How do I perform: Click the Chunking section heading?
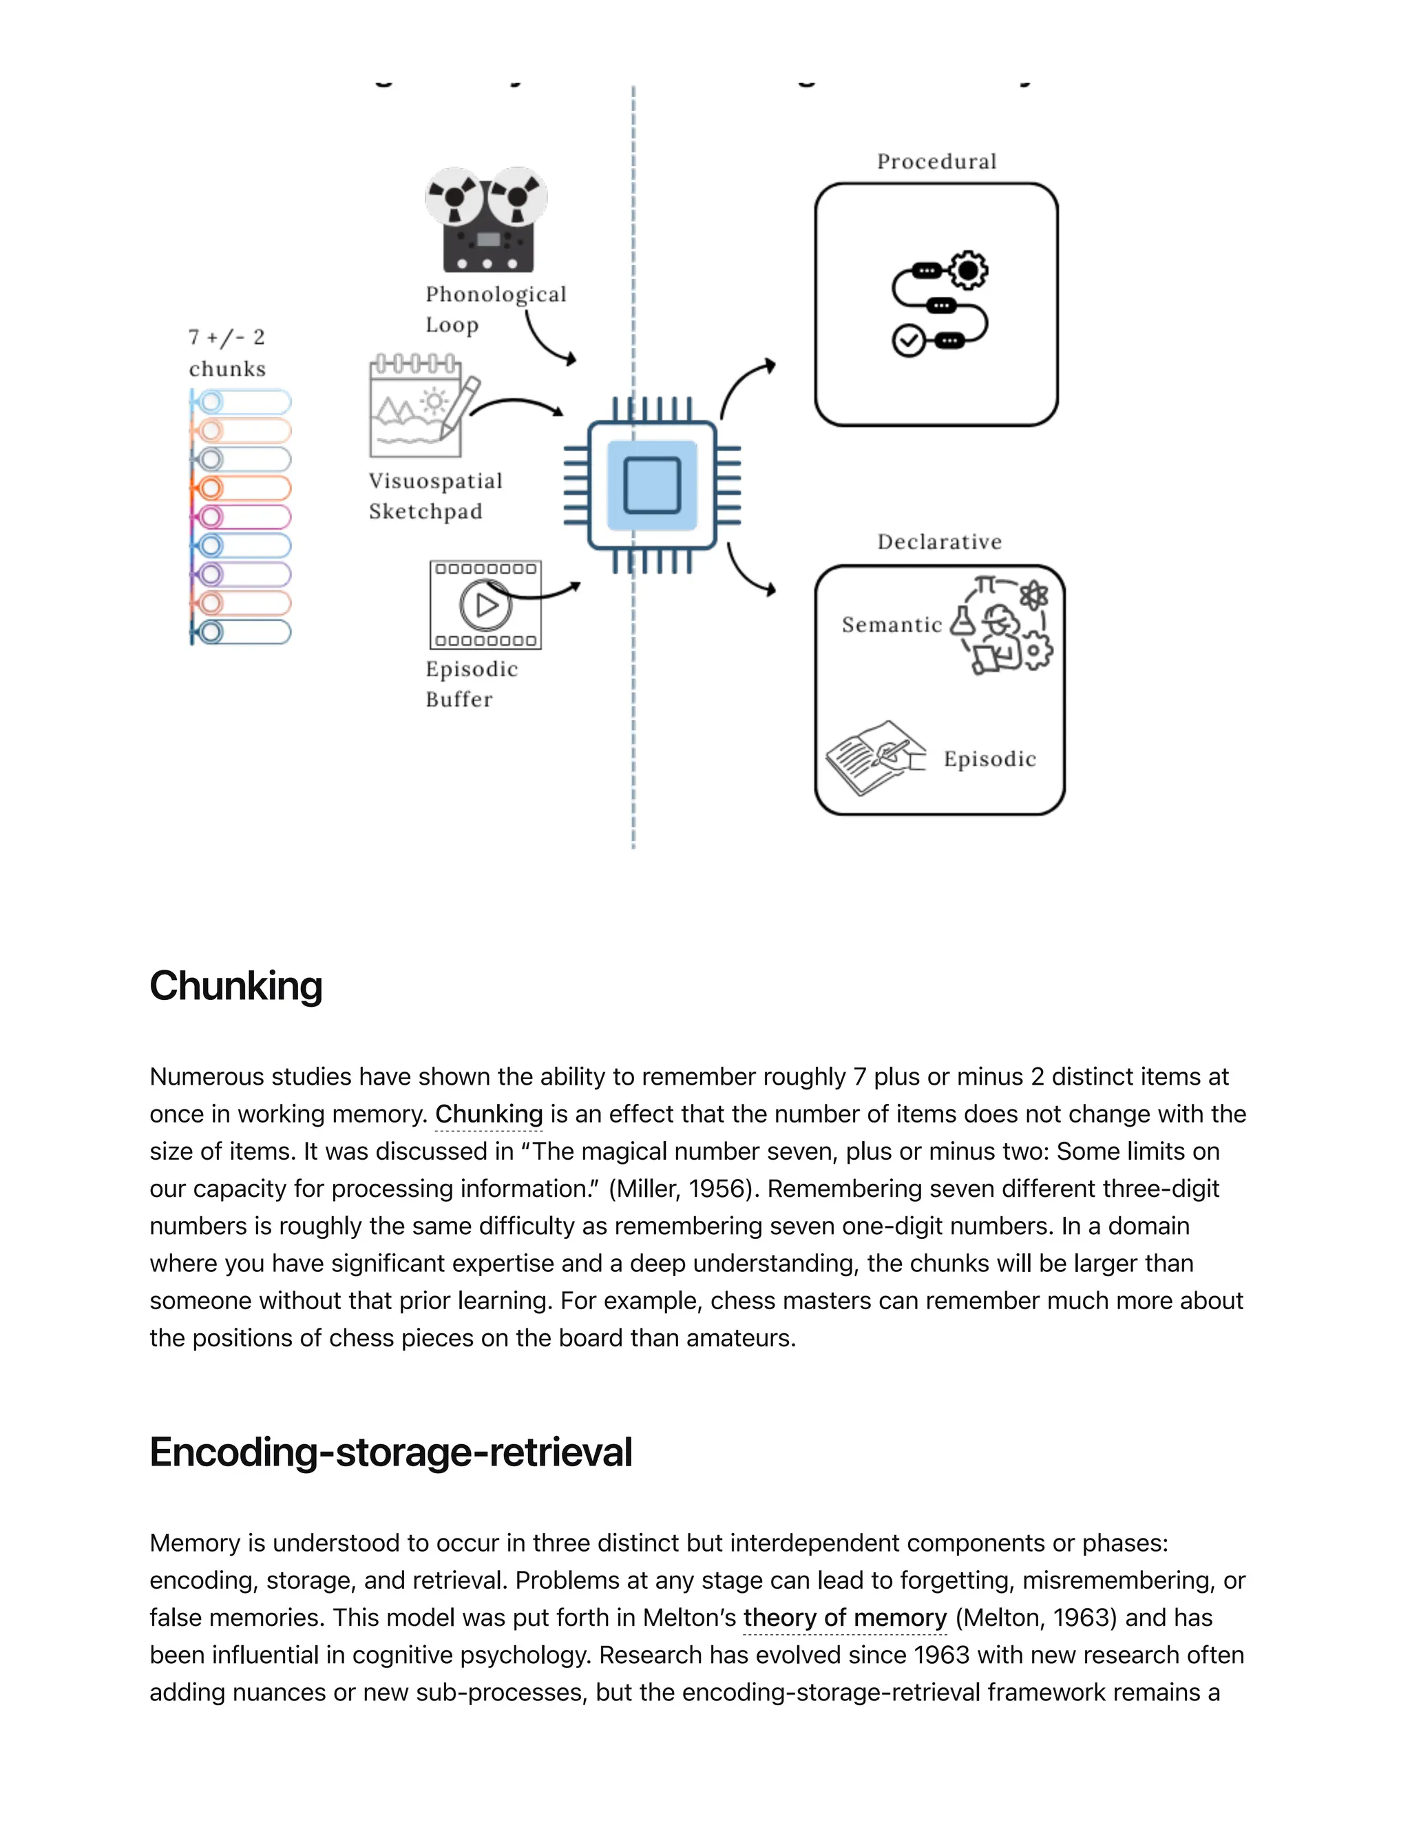coord(235,986)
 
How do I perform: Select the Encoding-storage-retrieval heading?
coord(390,1452)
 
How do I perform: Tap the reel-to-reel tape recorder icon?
coord(487,220)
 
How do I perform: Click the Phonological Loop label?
coord(494,309)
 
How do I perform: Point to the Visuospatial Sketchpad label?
coord(435,496)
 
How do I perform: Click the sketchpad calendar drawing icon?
coord(418,407)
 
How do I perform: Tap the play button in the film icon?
coord(485,605)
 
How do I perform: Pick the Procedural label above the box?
coord(936,161)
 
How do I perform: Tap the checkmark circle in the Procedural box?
coord(908,341)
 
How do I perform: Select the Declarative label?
coord(939,541)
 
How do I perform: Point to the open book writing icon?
coord(874,756)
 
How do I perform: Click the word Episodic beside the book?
coord(990,759)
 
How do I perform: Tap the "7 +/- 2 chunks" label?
coord(227,353)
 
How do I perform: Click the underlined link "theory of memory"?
coord(845,1618)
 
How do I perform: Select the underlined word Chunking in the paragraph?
coord(489,1114)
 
